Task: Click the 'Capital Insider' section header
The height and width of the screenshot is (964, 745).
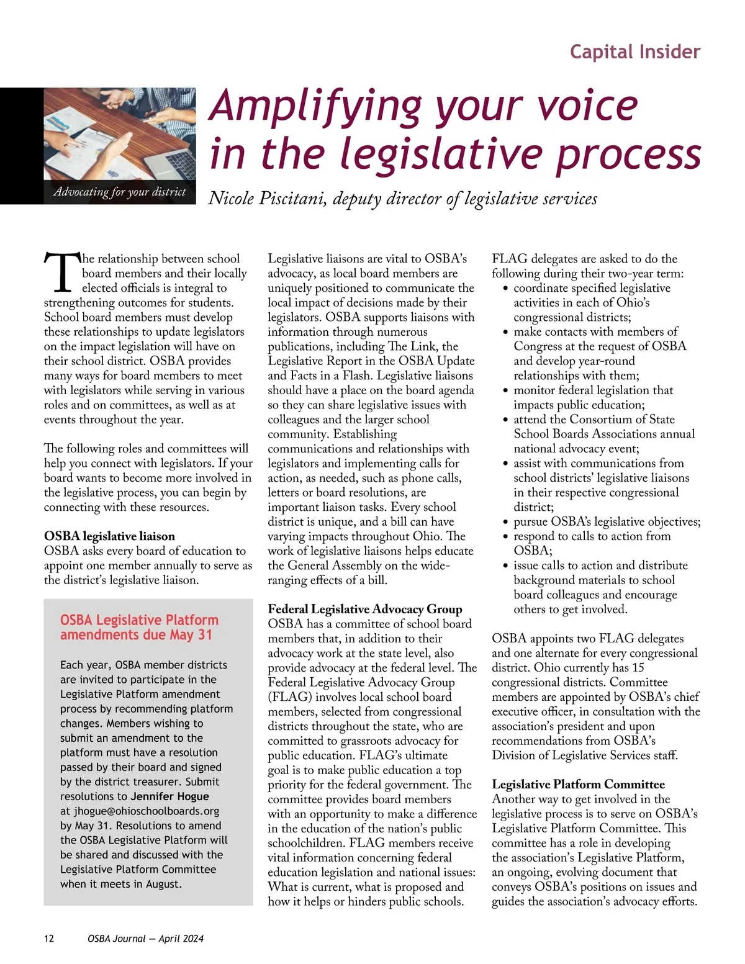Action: tap(634, 52)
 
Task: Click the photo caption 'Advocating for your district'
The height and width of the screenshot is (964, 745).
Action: tap(120, 192)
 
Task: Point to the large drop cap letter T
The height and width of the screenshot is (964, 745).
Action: tap(61, 273)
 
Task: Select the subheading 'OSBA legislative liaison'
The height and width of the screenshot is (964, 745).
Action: tap(109, 536)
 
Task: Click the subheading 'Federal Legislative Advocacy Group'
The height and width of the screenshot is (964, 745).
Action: tap(365, 609)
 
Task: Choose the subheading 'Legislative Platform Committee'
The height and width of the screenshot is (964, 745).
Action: tap(578, 784)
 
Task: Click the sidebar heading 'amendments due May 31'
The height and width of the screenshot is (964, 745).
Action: tap(136, 634)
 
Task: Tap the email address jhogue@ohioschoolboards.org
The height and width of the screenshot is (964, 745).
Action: tap(147, 811)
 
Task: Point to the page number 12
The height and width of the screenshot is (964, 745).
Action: tap(49, 939)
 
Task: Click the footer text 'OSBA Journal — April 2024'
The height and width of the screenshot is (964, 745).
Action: tap(145, 939)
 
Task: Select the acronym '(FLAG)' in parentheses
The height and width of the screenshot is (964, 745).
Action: tap(289, 697)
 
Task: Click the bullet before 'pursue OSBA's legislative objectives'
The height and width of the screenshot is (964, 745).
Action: tap(506, 523)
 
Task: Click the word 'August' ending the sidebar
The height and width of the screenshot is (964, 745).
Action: tap(163, 884)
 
